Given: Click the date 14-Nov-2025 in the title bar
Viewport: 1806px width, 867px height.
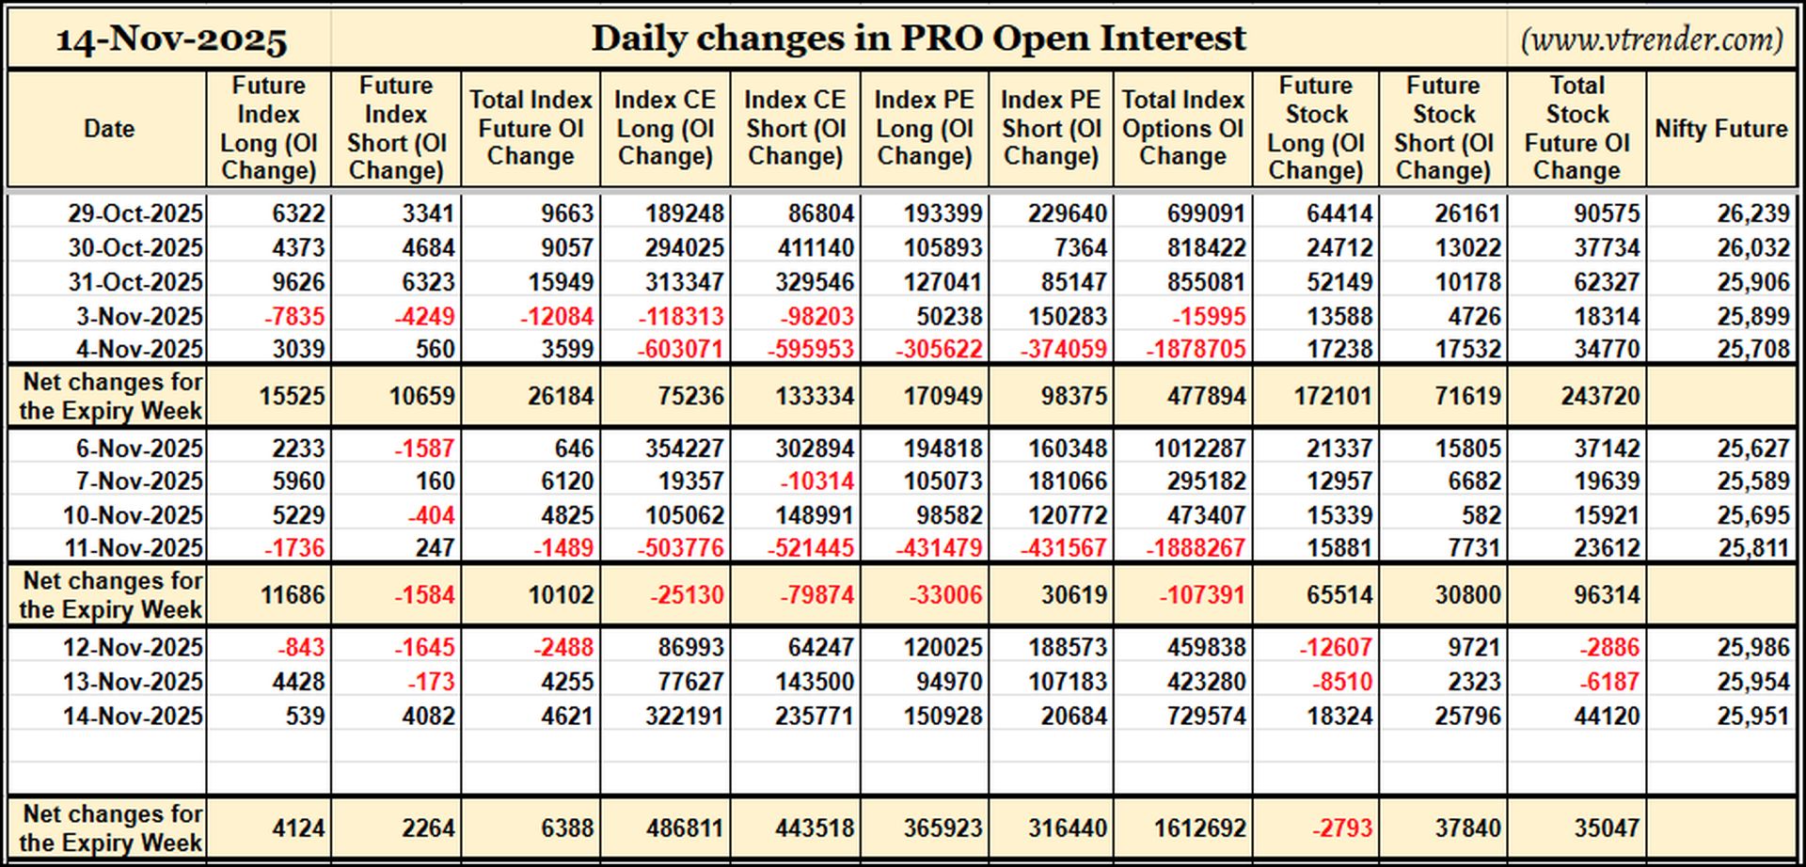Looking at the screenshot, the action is pos(171,39).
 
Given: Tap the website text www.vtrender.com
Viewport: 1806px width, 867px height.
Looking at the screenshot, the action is pos(1651,39).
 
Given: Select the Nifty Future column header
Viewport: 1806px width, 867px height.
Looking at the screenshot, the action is pos(1720,129).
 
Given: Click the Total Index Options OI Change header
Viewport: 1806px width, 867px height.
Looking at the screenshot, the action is pos(1183,128).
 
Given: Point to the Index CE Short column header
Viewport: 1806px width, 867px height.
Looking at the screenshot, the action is pos(795,128).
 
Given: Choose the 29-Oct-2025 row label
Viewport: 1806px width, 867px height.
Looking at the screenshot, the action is pos(135,213).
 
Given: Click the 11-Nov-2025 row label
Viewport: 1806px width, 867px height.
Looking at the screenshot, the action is pos(133,547).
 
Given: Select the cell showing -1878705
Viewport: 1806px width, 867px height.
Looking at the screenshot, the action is pos(1196,350).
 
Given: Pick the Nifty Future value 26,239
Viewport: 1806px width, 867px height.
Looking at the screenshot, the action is pos(1752,213).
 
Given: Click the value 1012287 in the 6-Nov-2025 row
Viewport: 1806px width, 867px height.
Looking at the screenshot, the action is pos(1200,448).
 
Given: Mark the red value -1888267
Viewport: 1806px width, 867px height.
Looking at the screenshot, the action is pos(1196,547).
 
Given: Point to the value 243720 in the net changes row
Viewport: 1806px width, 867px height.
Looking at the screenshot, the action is pos(1600,396).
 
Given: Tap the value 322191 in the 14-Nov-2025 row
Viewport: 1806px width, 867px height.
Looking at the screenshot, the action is pos(684,716).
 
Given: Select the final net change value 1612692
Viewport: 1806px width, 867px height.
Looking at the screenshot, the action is pos(1200,828).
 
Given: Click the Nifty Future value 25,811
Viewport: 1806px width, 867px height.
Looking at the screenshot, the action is pos(1752,547).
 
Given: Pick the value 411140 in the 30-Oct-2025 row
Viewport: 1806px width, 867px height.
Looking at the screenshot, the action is pos(815,247).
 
